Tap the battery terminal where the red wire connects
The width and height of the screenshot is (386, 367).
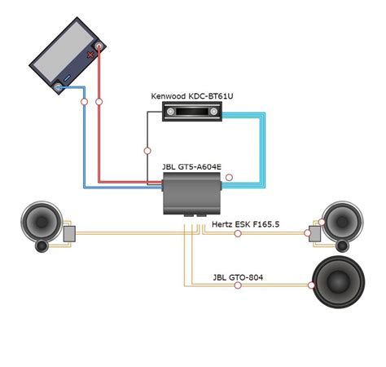click(x=99, y=49)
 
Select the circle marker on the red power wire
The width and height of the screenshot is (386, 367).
click(x=99, y=102)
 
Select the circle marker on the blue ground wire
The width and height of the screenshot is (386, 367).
click(x=84, y=102)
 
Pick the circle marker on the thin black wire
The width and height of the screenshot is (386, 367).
click(x=147, y=150)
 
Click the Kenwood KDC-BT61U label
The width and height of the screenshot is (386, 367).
click(x=192, y=95)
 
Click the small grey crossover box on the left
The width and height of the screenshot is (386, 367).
click(x=70, y=234)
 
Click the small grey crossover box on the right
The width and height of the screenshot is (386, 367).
click(x=314, y=235)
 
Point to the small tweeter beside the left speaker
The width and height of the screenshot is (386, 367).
click(x=44, y=245)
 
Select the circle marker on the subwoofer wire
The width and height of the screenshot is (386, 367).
click(x=311, y=285)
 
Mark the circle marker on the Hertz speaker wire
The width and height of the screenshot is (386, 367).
click(x=238, y=234)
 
